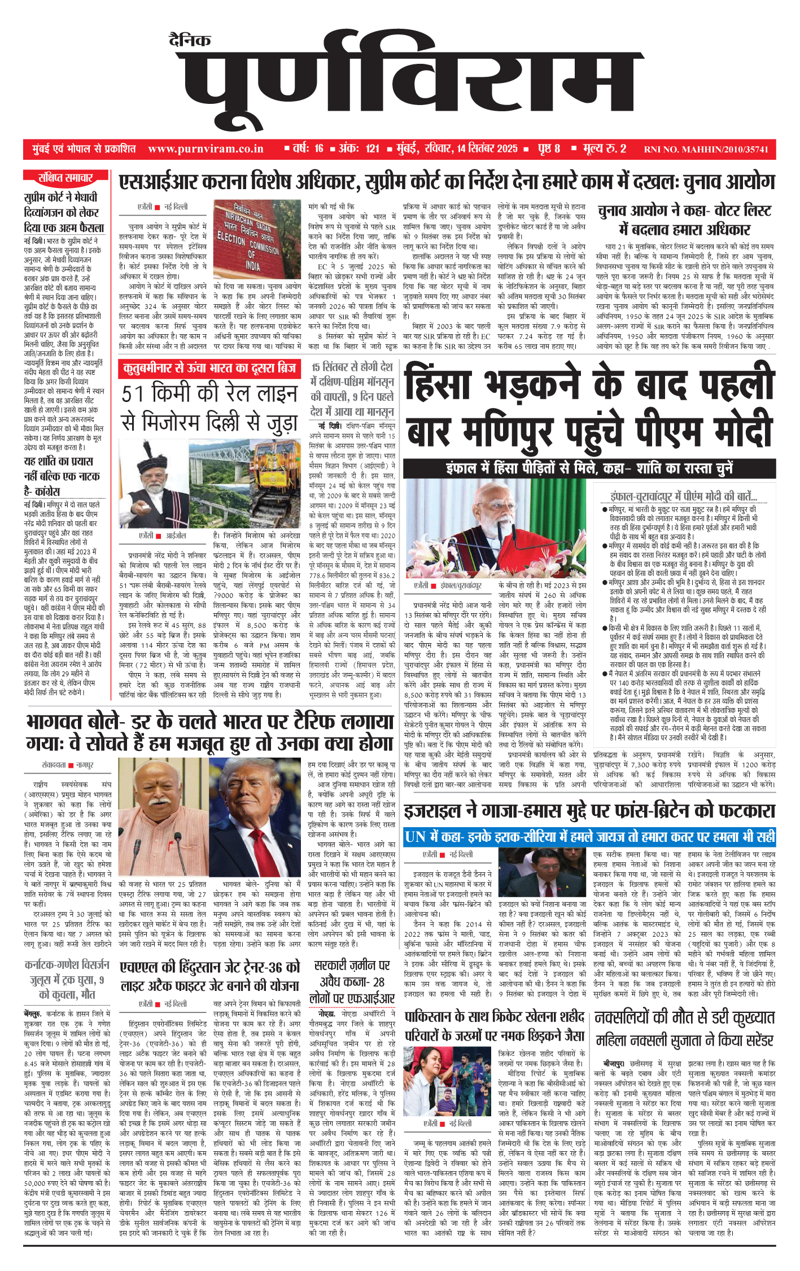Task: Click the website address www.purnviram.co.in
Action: point(206,149)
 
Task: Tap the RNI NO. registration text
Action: point(706,150)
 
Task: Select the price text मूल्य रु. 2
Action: point(604,149)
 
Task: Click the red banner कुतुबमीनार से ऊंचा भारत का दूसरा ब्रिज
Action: point(209,369)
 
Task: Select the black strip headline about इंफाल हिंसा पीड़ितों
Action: point(589,468)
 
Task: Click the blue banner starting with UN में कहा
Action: point(589,837)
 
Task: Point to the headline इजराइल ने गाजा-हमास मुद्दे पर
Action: point(589,811)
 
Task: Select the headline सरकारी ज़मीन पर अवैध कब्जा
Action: point(352,981)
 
